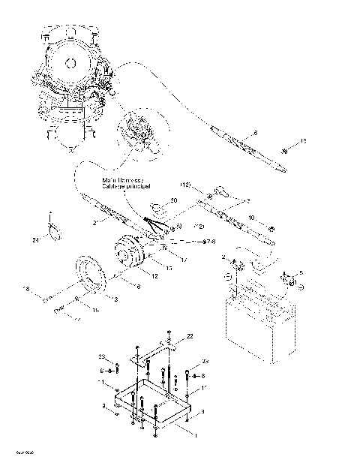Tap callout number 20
coord(173,201)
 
